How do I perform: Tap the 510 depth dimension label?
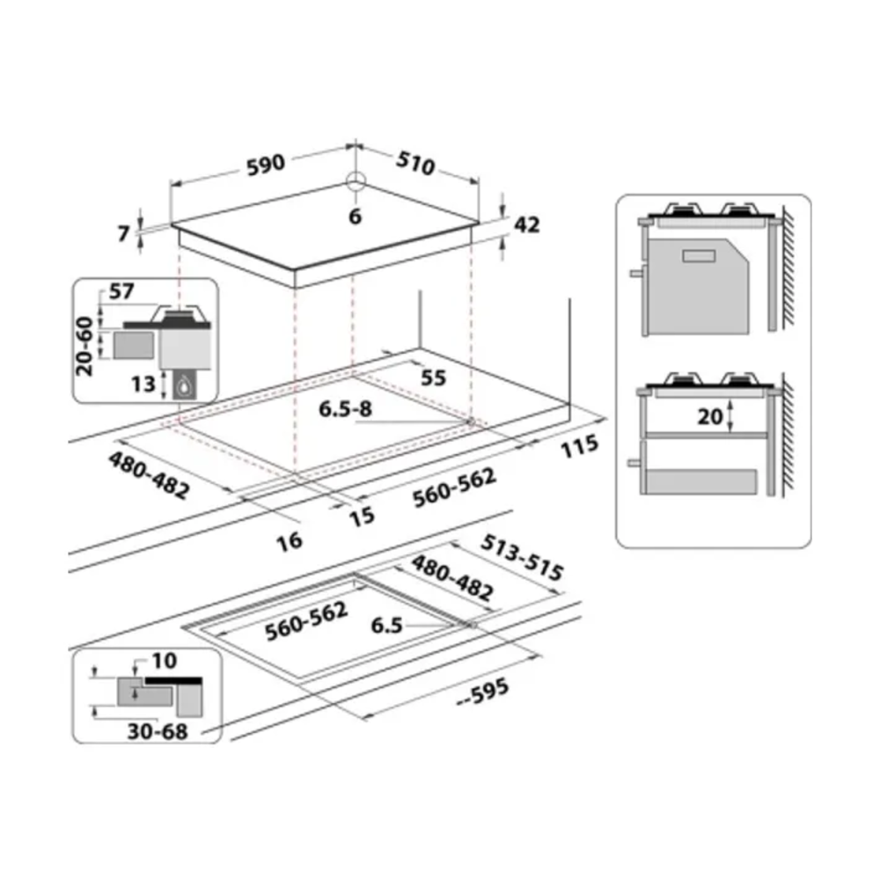pos(415,164)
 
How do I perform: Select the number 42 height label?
pos(527,225)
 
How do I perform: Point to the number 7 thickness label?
pos(124,233)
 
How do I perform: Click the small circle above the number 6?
pos(356,181)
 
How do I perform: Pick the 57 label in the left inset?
pos(121,291)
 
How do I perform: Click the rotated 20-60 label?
pos(84,346)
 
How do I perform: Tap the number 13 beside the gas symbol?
pos(143,385)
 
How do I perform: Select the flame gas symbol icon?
pos(184,385)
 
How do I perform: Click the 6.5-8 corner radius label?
pos(345,409)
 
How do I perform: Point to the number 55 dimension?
pos(433,378)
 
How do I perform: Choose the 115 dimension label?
pos(580,446)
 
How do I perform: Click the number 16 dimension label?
pos(290,541)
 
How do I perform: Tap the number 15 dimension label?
pos(362,517)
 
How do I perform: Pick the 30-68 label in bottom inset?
pos(158,731)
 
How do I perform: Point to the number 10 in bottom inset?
pos(165,661)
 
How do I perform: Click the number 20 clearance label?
pos(710,416)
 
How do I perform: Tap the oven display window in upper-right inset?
pos(699,256)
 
